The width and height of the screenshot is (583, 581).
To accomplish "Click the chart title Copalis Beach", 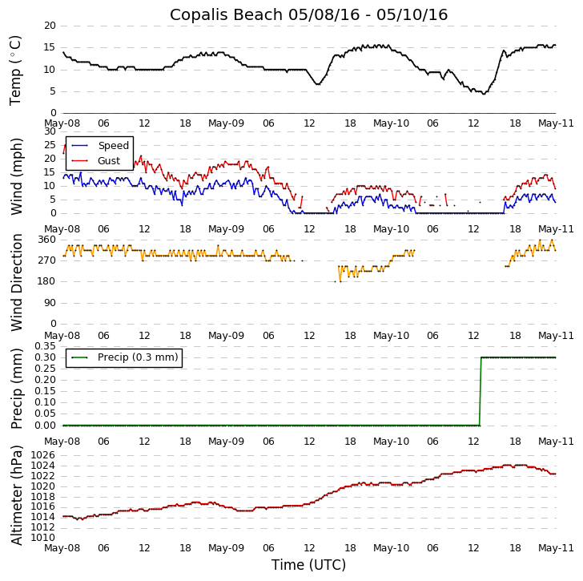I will click(308, 14).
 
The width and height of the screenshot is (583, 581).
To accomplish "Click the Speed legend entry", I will click(113, 146).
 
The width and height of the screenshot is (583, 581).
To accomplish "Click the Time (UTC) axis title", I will click(308, 565).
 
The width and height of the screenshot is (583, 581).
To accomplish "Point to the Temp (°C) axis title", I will click(16, 70).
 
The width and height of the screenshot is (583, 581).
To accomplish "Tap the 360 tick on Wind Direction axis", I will click(46, 240).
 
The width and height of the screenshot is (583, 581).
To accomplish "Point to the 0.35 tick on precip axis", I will click(44, 346).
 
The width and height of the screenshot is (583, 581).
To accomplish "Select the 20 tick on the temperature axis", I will click(50, 26).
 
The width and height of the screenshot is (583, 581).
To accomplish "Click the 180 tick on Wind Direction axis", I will click(46, 281).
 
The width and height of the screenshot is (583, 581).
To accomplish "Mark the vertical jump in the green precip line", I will click(480, 391).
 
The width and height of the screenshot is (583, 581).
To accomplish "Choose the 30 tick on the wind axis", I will click(50, 131).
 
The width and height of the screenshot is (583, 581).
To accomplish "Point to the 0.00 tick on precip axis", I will click(44, 426).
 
